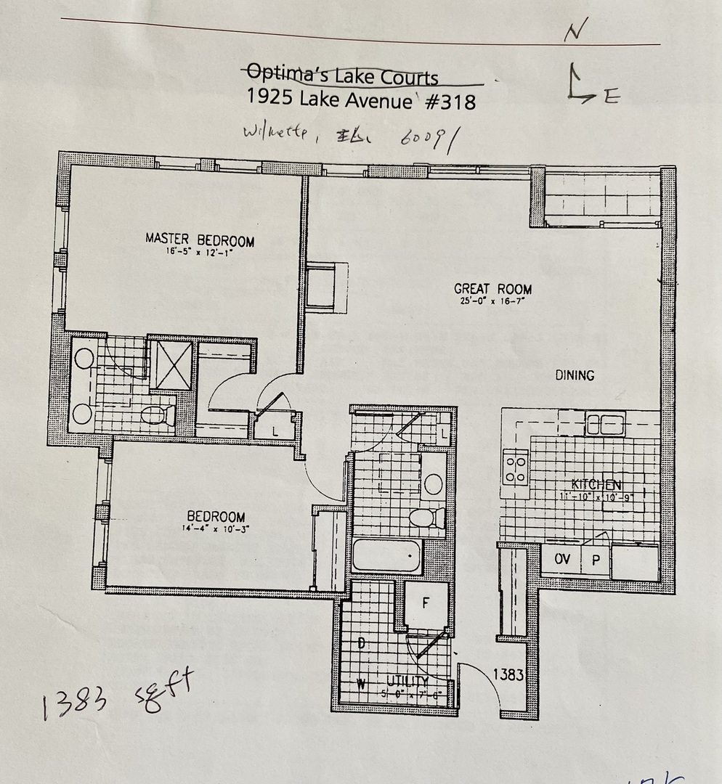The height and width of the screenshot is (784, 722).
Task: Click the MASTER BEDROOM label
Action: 200,240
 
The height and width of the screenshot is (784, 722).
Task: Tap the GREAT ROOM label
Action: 492,289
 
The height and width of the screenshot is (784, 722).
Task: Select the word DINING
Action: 575,375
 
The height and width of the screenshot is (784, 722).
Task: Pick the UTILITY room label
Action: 407,680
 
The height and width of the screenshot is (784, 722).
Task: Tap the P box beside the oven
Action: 595,560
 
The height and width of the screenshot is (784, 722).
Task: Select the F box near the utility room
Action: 426,602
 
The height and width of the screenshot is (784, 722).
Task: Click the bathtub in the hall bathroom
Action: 386,556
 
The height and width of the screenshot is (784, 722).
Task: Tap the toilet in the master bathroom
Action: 158,416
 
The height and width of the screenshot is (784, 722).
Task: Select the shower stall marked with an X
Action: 172,366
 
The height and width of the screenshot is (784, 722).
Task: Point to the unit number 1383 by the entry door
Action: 508,674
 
